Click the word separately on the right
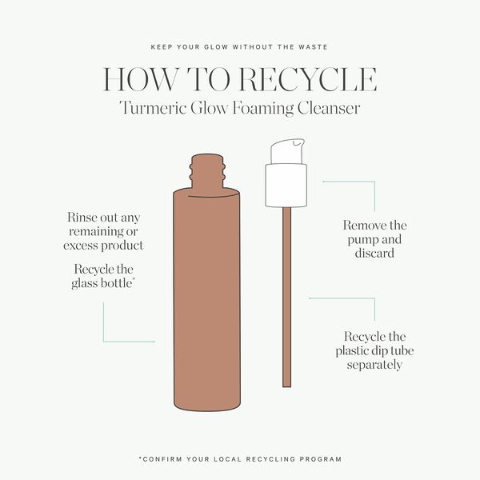tap(374, 365)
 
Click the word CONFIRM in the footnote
tap(164, 459)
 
